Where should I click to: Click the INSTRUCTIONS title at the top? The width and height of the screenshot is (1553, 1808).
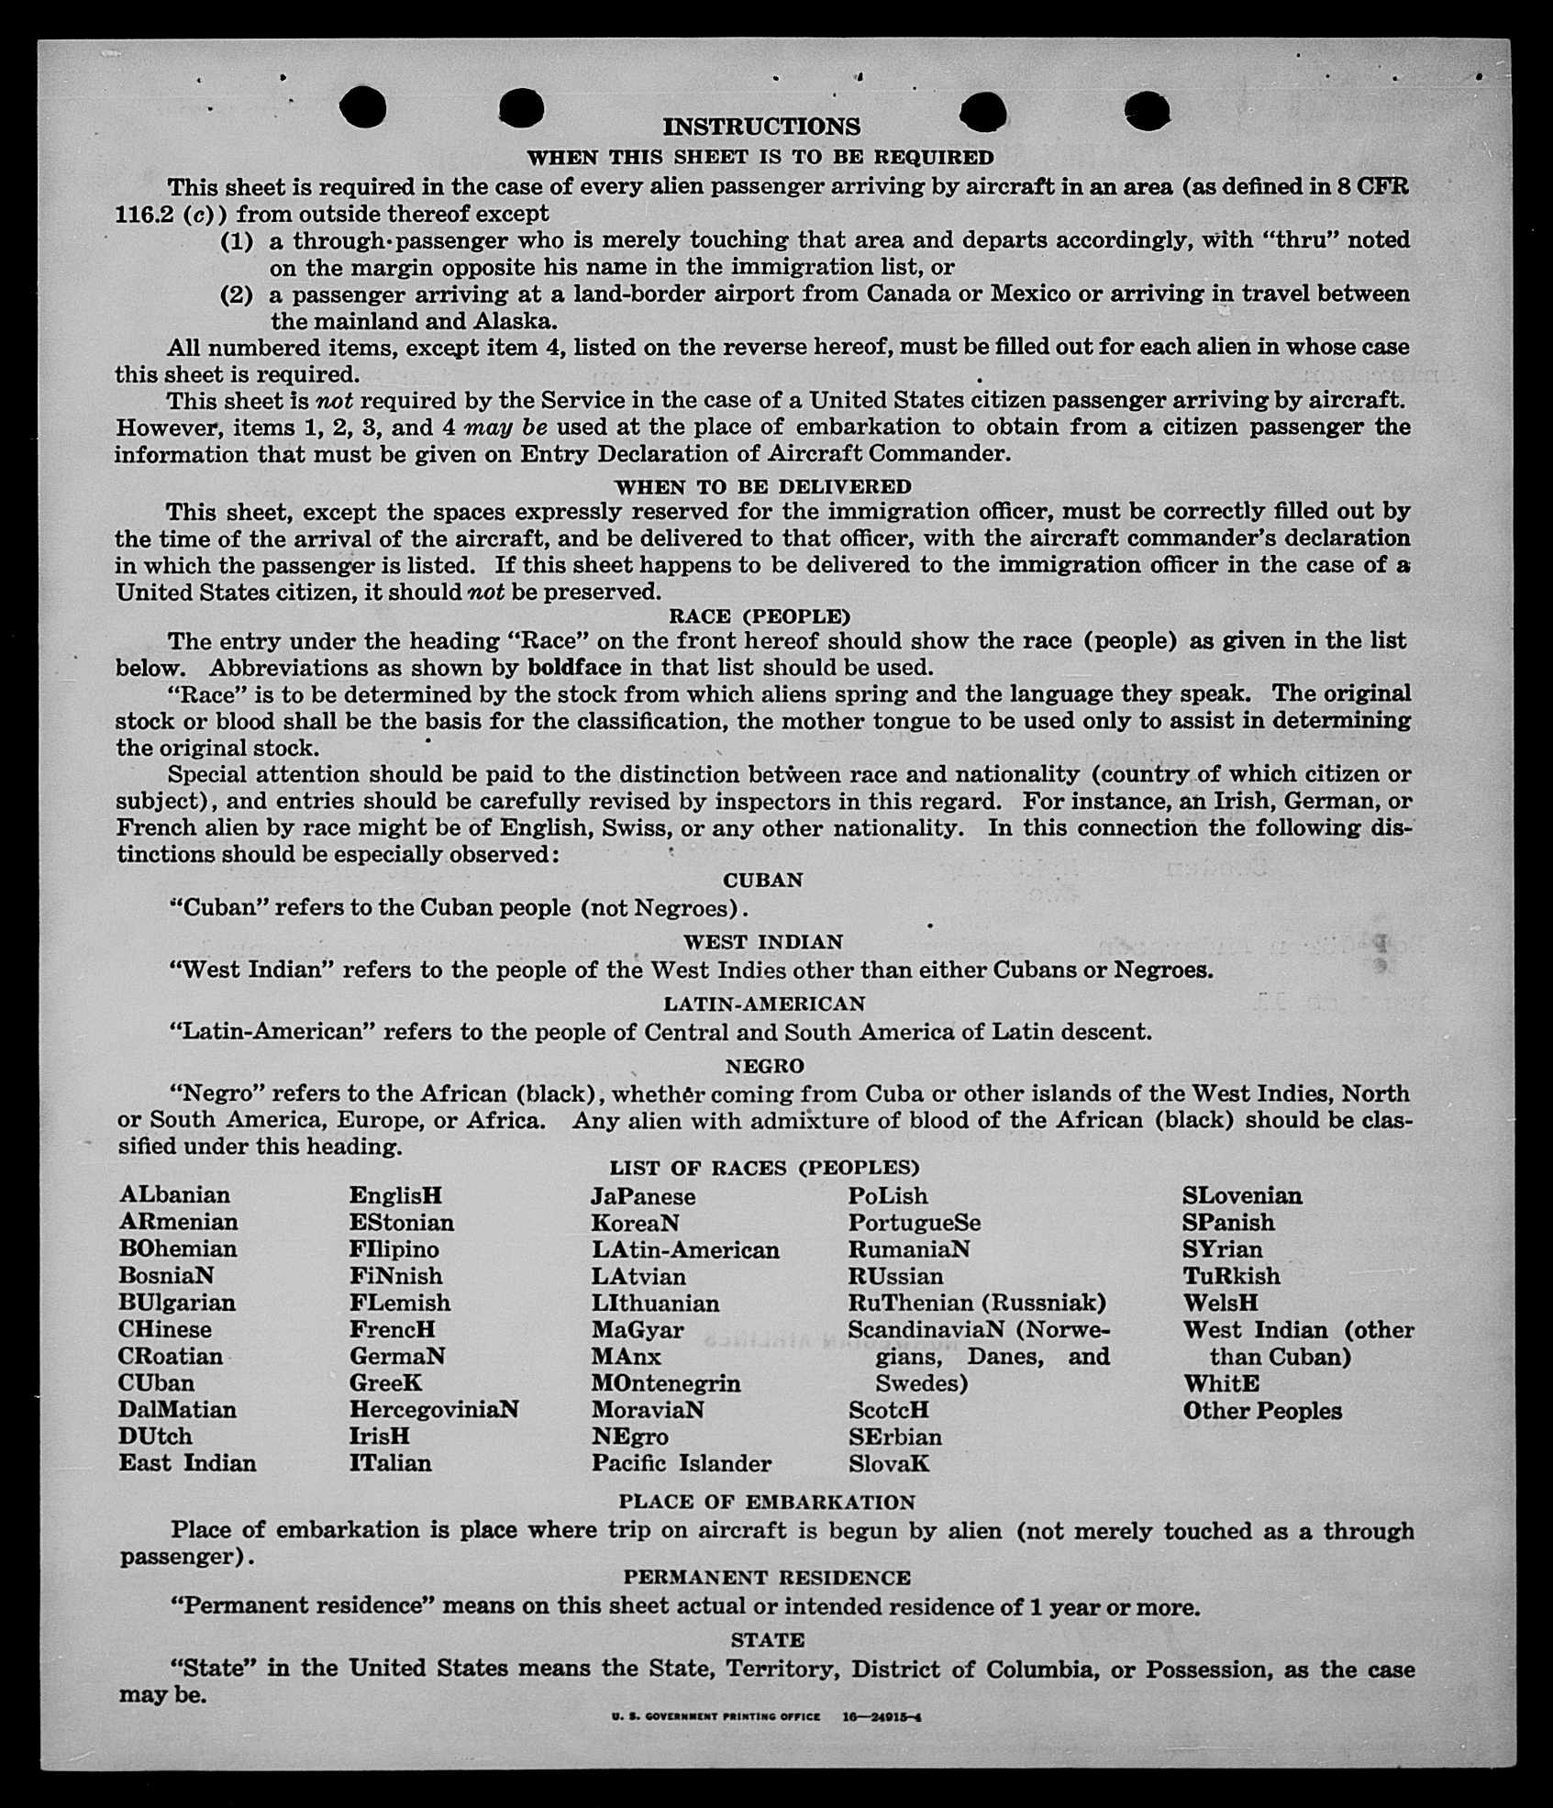pos(761,127)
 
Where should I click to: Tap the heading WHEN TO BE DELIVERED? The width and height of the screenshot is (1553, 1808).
pos(762,486)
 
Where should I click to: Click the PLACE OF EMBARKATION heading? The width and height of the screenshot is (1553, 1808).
pos(767,1502)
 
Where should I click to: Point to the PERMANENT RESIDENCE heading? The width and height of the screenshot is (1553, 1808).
pos(767,1577)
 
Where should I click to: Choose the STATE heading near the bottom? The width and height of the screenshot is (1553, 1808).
pos(768,1639)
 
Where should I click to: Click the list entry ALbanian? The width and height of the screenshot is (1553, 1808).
pos(174,1195)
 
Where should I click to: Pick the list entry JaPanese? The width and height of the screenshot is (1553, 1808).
pos(643,1196)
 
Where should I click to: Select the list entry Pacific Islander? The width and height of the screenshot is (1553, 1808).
pos(681,1463)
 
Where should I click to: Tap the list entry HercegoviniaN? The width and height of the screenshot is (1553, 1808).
pos(434,1409)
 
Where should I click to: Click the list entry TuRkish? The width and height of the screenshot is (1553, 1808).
pos(1231,1276)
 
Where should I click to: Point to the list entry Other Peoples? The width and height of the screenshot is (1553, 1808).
pos(1262,1411)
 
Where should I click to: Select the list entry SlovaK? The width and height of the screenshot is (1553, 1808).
pos(889,1464)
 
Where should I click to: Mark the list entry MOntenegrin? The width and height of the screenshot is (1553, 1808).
pos(666,1383)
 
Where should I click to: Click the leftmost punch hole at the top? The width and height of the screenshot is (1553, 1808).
pos(363,108)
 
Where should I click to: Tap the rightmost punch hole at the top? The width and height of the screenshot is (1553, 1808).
pos(1147,111)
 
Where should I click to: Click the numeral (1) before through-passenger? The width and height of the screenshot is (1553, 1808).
pos(237,241)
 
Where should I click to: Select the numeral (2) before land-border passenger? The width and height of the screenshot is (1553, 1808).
pos(237,295)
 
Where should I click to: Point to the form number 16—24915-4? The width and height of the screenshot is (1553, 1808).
pos(882,1716)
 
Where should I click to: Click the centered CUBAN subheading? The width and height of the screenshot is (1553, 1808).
pos(762,880)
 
